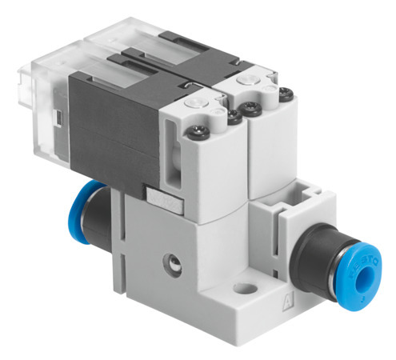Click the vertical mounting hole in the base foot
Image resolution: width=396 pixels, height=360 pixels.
[x=245, y=286]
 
